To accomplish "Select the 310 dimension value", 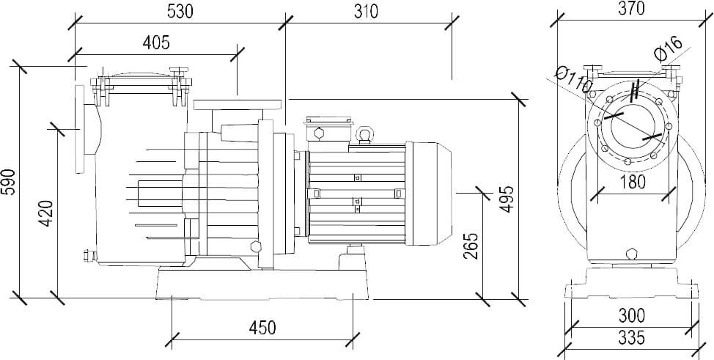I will [365, 12].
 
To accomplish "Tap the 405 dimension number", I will [155, 43].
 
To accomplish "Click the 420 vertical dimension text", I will [45, 213].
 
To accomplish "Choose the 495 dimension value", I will [507, 199].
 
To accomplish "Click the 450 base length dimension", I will [262, 327].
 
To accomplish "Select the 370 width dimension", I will [630, 9].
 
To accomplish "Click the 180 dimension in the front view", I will [631, 182].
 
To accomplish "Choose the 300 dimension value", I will [631, 316].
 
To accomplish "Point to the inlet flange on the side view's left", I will [80, 130].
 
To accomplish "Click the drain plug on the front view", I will [631, 253].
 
